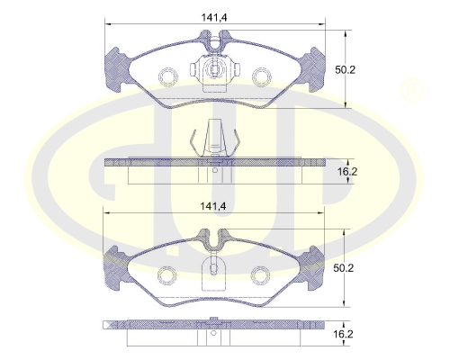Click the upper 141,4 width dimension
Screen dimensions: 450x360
pyautogui.click(x=214, y=17)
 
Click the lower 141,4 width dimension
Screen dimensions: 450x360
pyautogui.click(x=213, y=206)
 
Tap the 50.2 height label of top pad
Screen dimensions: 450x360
pyautogui.click(x=345, y=70)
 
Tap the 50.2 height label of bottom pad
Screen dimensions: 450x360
pyautogui.click(x=344, y=268)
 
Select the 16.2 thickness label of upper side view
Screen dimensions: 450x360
pyautogui.click(x=347, y=172)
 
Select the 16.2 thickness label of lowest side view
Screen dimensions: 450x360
pyautogui.click(x=343, y=334)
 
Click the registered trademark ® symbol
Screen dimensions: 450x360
pyautogui.click(x=411, y=90)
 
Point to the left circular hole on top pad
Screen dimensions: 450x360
pyautogui.click(x=168, y=76)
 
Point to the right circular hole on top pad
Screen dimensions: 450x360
pyautogui.click(x=261, y=76)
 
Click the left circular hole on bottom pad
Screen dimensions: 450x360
pyautogui.click(x=166, y=274)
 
